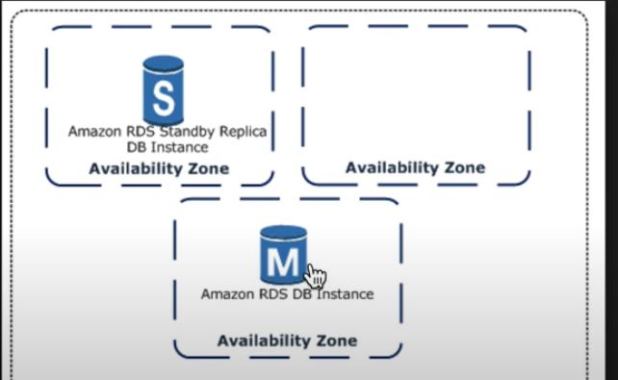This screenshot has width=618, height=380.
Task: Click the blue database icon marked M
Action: point(283,255)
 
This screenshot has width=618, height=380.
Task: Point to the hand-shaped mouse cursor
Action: point(315,275)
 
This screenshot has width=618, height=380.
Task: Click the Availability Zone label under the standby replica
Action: point(159,168)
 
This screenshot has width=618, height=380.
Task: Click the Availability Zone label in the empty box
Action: point(415,167)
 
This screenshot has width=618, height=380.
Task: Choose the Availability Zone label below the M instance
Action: point(287,341)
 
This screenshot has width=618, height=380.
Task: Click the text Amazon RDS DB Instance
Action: point(287,293)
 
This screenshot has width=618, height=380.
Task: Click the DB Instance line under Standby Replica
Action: point(167,147)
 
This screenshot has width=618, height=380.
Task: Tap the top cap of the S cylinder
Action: point(163,63)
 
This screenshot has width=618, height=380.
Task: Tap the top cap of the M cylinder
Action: point(283,232)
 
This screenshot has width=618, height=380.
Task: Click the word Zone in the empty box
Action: point(464,167)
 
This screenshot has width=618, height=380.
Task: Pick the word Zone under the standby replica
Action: point(208,168)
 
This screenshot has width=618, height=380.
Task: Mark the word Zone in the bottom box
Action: point(336,341)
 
